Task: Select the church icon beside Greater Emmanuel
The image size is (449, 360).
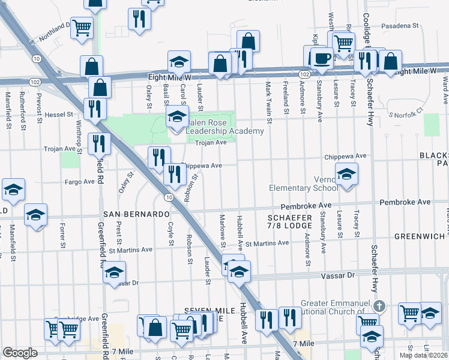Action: (x=378, y=306)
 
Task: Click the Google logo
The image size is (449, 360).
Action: (x=20, y=353)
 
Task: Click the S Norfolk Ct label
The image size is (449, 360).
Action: (x=406, y=114)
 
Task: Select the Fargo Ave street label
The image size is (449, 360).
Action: (x=80, y=181)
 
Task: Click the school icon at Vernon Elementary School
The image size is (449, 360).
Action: (x=346, y=174)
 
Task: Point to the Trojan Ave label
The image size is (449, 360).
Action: (x=211, y=142)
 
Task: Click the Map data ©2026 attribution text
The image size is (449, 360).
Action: (x=424, y=355)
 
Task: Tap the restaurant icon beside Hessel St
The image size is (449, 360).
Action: (x=95, y=109)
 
